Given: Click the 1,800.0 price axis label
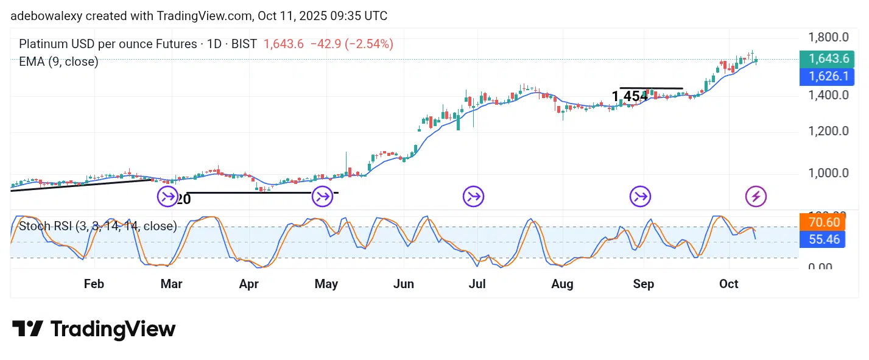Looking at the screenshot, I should click(x=828, y=37).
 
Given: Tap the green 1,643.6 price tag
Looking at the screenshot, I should click(x=828, y=59).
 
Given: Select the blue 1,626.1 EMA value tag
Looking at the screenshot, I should click(x=828, y=77).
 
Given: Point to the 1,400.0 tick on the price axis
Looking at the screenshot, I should click(x=828, y=95).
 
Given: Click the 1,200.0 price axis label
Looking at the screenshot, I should click(x=828, y=131).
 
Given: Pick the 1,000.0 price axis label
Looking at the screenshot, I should click(x=828, y=172).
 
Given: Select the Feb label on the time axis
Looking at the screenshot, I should click(x=94, y=284).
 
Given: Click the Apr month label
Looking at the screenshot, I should click(x=248, y=284).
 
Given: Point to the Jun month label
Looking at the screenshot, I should click(x=404, y=284).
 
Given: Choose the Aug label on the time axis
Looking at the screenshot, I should click(x=562, y=284).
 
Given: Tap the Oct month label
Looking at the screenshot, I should click(x=728, y=284).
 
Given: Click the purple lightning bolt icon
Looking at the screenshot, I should click(x=756, y=196).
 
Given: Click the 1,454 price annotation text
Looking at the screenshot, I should click(x=630, y=96).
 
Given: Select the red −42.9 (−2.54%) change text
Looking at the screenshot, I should click(x=351, y=44).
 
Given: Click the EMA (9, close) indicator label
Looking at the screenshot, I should click(x=58, y=62).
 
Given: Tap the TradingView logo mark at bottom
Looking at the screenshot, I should click(x=27, y=329).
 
